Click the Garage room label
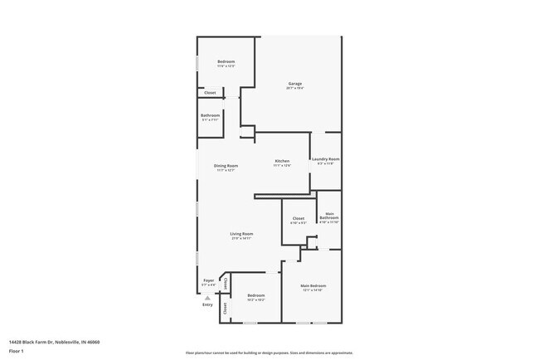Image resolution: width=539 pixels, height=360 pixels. tap(294, 83)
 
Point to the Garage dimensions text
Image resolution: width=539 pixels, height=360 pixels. tap(294, 88)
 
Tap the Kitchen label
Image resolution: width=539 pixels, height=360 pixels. tap(282, 161)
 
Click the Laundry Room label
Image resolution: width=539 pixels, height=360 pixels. tap(325, 158)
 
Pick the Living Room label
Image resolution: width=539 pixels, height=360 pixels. tap(241, 234)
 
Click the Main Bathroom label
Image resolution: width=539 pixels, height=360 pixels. tap(329, 216)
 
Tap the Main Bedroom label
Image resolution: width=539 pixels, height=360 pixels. tap(312, 285)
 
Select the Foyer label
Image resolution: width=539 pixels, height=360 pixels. tap(209, 280)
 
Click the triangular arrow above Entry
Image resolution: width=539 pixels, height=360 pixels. tap(207, 297)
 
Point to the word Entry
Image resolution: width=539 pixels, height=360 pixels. tap(207, 304)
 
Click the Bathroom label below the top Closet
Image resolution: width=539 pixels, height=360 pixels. tap(210, 115)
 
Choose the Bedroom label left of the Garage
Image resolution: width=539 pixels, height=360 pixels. tap(226, 61)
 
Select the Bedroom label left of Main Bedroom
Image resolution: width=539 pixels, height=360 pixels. tap(255, 295)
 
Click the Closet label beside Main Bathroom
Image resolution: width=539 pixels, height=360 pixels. tap(298, 218)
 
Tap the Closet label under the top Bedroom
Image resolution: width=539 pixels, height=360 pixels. tap(210, 93)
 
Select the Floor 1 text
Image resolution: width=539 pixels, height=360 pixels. tap(16, 351)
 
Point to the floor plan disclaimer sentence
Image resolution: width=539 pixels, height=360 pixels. tap(269, 353)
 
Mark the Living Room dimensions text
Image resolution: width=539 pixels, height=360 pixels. tap(241, 239)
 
